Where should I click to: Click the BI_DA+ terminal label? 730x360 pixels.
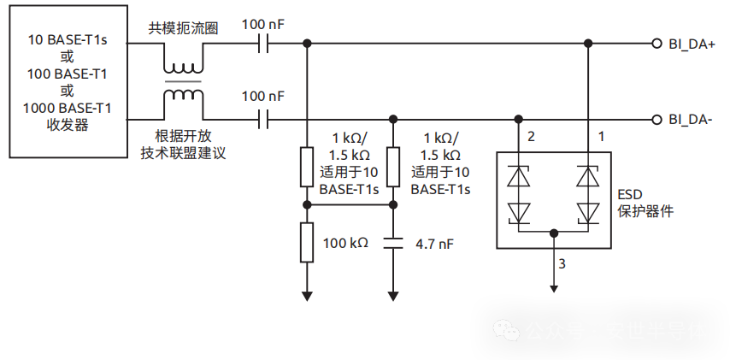692,44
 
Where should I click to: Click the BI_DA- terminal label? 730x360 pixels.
691,120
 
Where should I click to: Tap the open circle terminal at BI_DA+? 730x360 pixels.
656,43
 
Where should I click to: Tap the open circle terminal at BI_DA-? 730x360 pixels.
656,120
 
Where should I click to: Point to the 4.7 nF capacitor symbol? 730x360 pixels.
392,243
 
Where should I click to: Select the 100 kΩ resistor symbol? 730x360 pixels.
306,243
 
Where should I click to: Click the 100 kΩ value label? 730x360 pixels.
345,243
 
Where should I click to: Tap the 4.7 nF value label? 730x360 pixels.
434,244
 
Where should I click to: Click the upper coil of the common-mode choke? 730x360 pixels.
184,62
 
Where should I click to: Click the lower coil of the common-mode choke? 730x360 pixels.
184,97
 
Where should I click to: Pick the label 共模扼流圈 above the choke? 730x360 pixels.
183,28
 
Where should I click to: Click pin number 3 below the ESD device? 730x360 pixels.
562,263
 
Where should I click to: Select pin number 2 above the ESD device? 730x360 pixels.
531,137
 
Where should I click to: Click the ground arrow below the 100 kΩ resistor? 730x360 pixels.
306,295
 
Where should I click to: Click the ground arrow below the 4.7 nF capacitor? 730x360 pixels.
392,295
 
